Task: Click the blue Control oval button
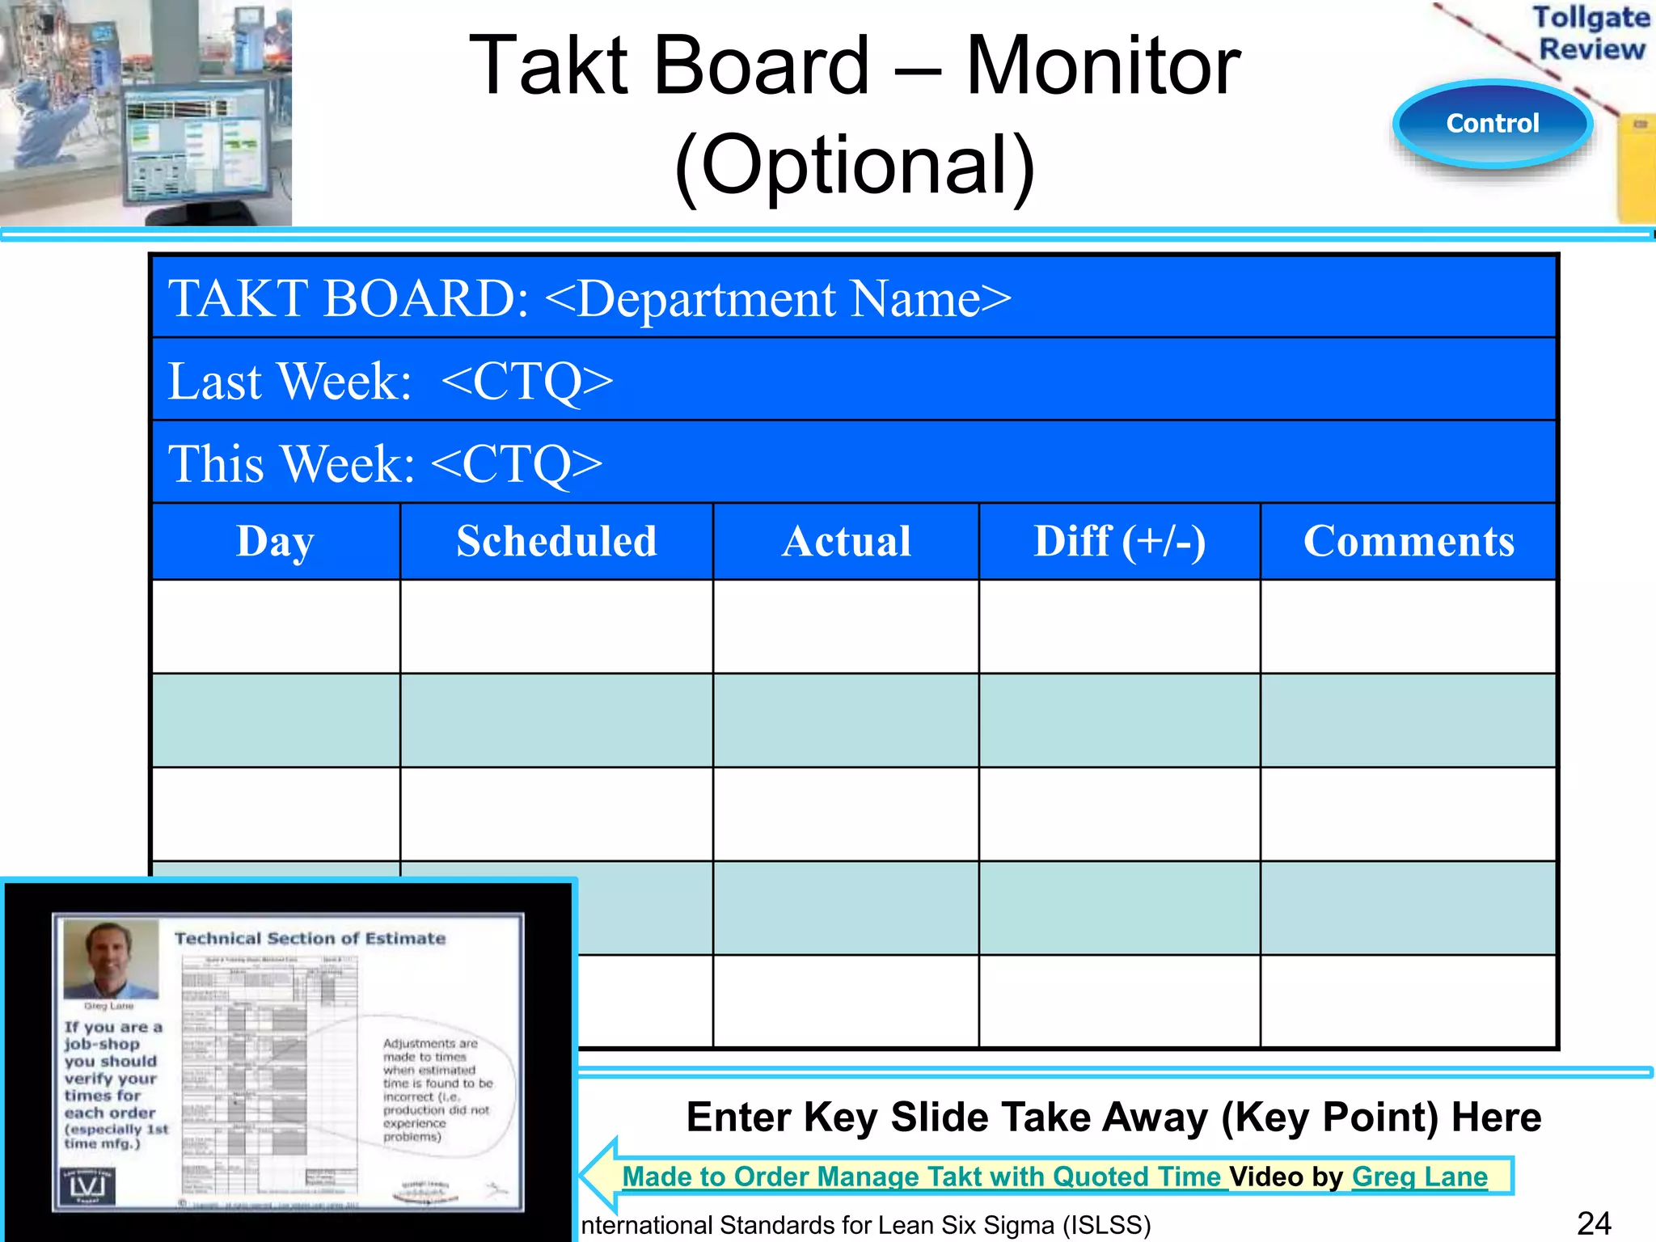1492,124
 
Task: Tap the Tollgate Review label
1591,33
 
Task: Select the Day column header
275,541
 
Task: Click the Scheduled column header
556,541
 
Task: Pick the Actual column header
846,541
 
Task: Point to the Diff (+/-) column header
1119,541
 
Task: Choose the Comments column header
1409,541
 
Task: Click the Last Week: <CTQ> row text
390,381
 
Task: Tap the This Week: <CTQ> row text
385,463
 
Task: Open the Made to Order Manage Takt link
922,1177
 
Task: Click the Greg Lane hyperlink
1419,1177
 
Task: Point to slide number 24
1594,1223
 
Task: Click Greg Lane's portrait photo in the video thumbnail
111,960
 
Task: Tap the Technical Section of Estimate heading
310,938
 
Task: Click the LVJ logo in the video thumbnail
87,1186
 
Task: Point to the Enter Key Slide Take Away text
1113,1117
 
